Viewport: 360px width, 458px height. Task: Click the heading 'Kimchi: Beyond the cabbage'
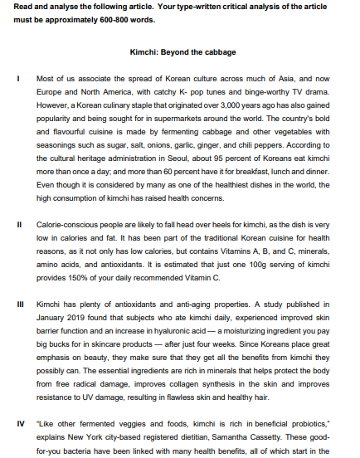(179, 51)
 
